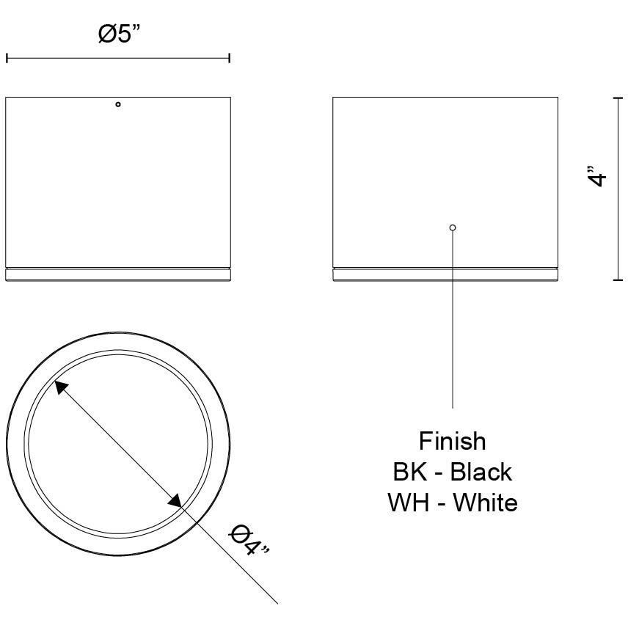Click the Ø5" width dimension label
[118, 34]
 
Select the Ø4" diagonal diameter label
[249, 541]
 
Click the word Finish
[452, 441]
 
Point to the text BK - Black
[452, 472]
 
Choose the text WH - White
[452, 503]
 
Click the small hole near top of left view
[118, 105]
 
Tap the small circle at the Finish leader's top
[453, 227]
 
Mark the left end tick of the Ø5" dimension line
[7, 58]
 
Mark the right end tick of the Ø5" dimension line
[230, 58]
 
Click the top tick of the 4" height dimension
[618, 97]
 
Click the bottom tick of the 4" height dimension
[618, 280]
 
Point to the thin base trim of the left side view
[118, 274]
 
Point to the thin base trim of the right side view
[445, 274]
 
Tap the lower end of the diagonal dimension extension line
[277, 602]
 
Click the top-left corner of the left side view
[7, 97]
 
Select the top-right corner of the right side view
[558, 97]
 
